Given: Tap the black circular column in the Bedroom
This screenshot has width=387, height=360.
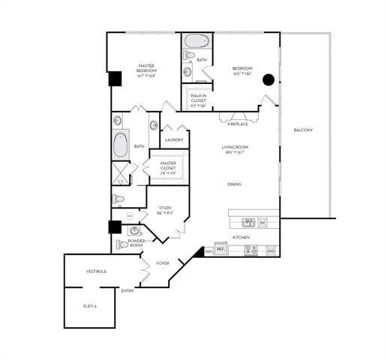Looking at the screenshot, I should coord(268,79).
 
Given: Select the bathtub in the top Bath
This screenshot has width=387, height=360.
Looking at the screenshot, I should coord(196,41).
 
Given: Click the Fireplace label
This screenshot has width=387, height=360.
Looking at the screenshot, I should coord(238,124).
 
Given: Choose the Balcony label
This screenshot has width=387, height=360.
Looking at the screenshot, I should coord(303,130).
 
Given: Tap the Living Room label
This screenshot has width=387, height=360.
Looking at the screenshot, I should coord(235,149).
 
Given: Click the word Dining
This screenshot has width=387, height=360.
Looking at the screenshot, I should coord(235,184).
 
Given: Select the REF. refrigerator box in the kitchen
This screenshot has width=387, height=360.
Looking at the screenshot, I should coord(220,248).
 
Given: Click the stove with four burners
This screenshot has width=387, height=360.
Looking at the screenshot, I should coord(250,250).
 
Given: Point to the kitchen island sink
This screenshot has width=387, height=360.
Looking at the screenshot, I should coord(248,222).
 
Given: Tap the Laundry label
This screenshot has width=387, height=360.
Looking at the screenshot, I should coord(174,139).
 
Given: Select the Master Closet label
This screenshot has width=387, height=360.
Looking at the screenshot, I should coord(168,166).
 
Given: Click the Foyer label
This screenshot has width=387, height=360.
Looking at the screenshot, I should coord(163,263).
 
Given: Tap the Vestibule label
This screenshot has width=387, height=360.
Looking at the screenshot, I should coord(96,271).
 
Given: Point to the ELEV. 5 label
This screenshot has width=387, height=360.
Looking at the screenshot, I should coord(90,306).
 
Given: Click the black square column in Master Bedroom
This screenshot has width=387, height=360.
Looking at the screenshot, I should coord(115,78).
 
